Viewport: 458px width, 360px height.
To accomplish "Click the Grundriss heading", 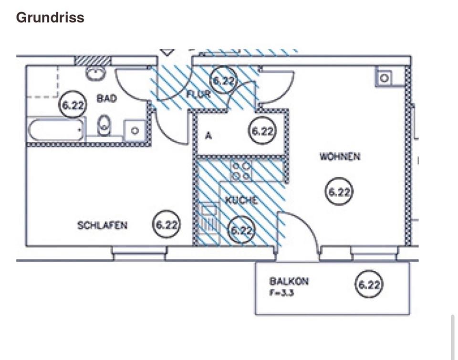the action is (x=50, y=18).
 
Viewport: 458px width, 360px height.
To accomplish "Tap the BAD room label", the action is (x=106, y=99).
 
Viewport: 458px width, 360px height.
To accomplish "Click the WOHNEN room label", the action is (x=340, y=157).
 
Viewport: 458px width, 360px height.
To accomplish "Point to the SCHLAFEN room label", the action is (x=102, y=225).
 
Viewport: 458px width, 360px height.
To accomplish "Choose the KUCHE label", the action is (x=241, y=201).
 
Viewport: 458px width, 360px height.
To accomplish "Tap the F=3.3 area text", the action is (x=282, y=293).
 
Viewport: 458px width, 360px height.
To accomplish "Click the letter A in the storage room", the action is (x=208, y=136).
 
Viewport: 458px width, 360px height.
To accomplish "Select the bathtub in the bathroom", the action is (x=56, y=129).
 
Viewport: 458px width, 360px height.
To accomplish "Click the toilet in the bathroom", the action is (x=104, y=126).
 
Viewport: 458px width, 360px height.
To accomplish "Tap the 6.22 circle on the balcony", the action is (x=369, y=285).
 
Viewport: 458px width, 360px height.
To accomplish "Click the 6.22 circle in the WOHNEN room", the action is (x=339, y=192).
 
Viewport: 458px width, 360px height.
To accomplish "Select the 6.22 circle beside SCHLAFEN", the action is (x=167, y=225).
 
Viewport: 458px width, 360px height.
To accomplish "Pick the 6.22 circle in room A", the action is (x=262, y=131).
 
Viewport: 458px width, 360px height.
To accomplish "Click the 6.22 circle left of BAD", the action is (x=73, y=105).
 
